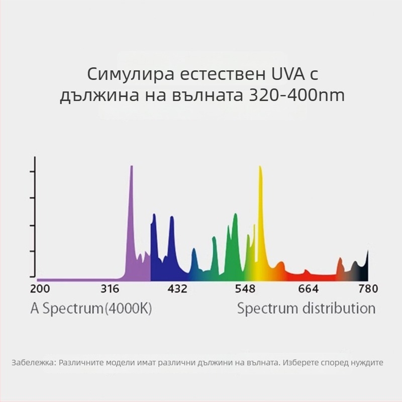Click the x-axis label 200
click(x=40, y=289)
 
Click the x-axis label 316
click(x=110, y=289)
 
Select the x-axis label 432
click(x=177, y=289)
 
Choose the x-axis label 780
click(x=368, y=289)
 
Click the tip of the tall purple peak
click(x=132, y=167)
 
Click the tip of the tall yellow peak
click(x=260, y=167)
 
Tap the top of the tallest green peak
click(x=235, y=215)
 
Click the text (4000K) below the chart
click(x=128, y=308)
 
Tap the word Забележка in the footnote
click(x=33, y=362)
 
